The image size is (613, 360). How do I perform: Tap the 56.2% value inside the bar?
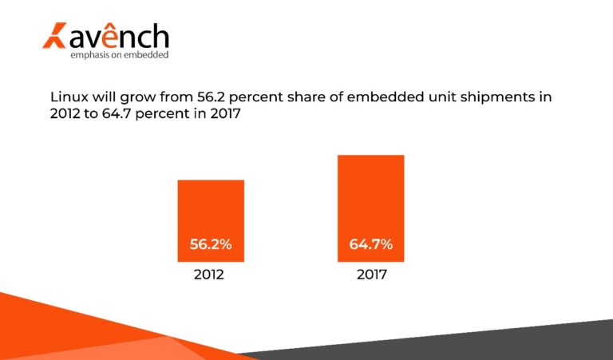tap(211, 245)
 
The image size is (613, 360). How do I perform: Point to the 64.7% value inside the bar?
tap(370, 245)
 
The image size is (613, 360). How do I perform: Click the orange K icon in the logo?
tap(53, 37)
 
